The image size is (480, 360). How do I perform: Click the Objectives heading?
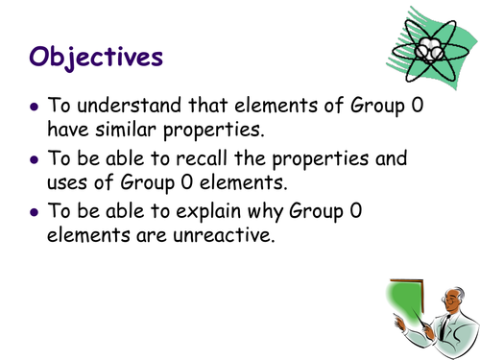96,56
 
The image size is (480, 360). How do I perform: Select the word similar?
133,131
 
